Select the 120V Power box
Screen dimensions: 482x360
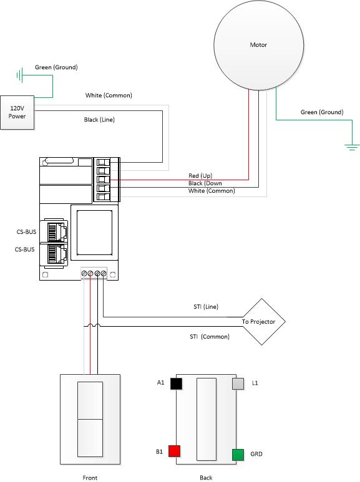[x=17, y=112]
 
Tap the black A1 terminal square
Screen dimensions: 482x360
[x=176, y=383]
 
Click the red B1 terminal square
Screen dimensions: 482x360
[x=175, y=451]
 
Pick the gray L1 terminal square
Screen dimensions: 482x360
[x=238, y=383]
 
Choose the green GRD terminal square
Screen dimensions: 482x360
[x=238, y=455]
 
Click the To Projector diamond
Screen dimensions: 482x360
[x=263, y=322]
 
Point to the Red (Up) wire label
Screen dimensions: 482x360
[x=200, y=176]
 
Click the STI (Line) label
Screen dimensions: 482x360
[x=205, y=307]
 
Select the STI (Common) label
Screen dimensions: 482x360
[x=209, y=337]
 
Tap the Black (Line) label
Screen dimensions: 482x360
[x=99, y=119]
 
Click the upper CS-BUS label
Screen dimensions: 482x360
[x=26, y=232]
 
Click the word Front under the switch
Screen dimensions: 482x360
[x=89, y=478]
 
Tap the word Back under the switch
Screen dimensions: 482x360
[x=206, y=478]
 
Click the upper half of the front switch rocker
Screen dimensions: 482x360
[x=89, y=400]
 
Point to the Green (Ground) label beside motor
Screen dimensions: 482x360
[x=322, y=112]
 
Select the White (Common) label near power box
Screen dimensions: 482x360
[x=109, y=95]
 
